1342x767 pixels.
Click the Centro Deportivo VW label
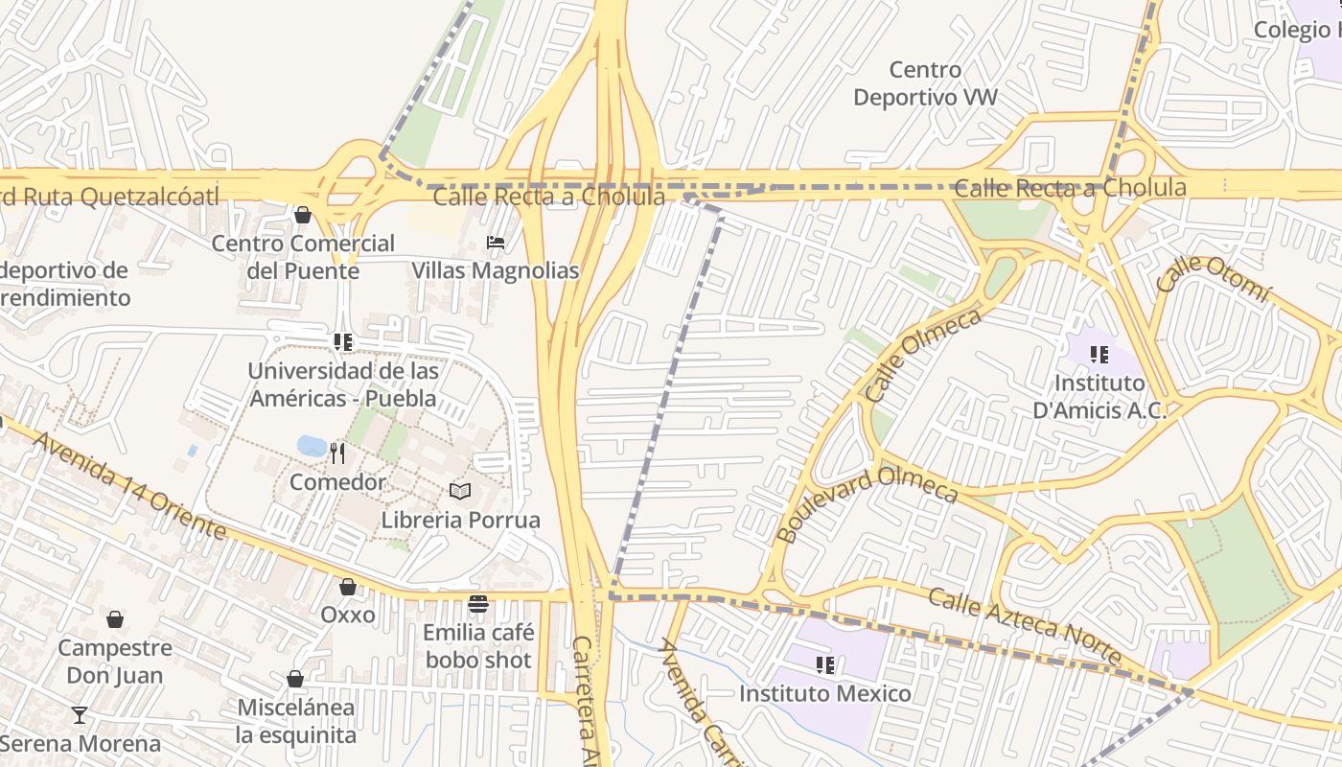pos(925,83)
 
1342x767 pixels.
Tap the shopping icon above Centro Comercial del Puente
pos(303,215)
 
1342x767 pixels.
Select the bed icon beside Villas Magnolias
pos(496,242)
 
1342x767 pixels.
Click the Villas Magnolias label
pos(496,270)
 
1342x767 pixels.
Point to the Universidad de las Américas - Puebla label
pos(342,384)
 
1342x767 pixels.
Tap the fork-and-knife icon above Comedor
pos(337,453)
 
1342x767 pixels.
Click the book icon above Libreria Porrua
pos(460,491)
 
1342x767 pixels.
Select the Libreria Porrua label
pos(460,521)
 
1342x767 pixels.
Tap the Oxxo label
pos(348,615)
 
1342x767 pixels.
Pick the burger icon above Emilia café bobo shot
pos(477,603)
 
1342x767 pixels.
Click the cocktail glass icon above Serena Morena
pos(80,714)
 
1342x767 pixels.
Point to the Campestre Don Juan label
pos(115,662)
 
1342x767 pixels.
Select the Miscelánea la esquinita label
pos(295,721)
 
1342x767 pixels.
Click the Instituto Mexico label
pos(825,693)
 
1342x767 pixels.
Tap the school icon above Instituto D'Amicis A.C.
pos(1099,355)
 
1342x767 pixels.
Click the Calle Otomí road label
pos(1213,275)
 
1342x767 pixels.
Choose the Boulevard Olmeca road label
pos(867,503)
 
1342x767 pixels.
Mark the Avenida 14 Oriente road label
pos(128,486)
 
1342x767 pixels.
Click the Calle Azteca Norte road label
pos(1024,626)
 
